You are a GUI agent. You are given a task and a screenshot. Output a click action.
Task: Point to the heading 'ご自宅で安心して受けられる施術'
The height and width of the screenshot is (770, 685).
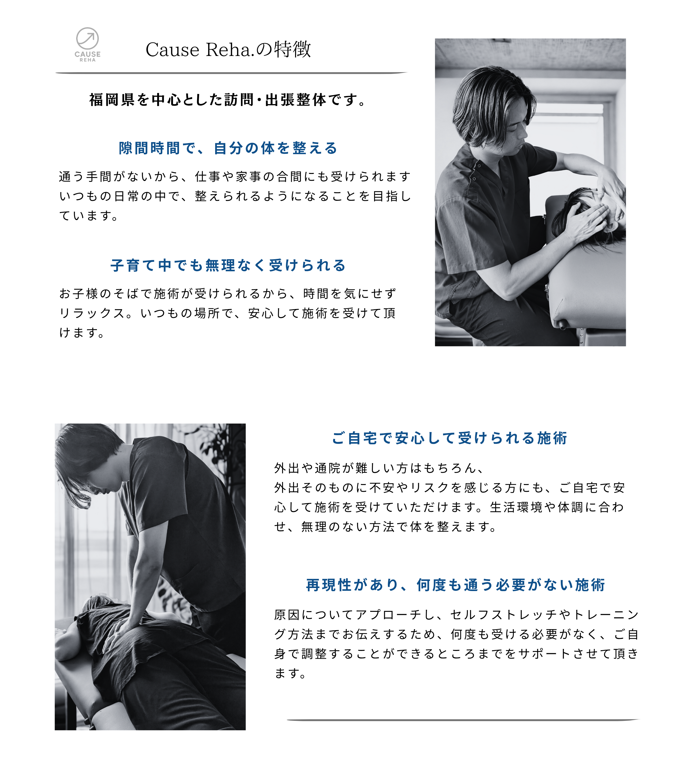[x=450, y=438]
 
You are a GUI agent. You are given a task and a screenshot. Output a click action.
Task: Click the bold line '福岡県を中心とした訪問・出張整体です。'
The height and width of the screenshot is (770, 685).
[x=228, y=100]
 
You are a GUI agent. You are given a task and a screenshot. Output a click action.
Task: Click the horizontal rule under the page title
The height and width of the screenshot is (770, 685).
[x=231, y=73]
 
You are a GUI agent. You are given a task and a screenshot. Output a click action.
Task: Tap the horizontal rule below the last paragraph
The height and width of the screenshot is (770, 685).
[x=463, y=720]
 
